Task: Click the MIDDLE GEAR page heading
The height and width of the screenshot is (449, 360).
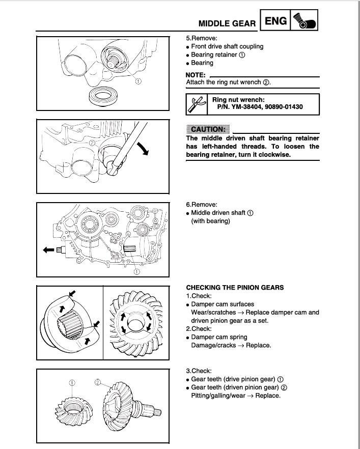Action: [x=227, y=23]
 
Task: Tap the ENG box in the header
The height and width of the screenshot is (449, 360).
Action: [x=275, y=21]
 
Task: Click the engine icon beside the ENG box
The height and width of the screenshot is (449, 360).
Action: [x=306, y=21]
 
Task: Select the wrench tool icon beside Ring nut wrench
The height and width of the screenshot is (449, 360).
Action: [x=196, y=104]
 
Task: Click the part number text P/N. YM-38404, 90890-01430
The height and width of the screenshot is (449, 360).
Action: [x=257, y=107]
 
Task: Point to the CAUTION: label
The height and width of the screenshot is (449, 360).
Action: [x=208, y=129]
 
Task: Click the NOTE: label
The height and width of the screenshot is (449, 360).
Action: [x=196, y=75]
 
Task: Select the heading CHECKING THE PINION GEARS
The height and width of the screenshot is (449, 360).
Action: [x=235, y=288]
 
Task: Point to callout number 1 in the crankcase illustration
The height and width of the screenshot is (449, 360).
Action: [x=136, y=272]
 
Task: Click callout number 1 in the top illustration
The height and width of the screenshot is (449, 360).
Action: [x=139, y=81]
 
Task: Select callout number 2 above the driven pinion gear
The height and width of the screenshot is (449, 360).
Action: [x=98, y=382]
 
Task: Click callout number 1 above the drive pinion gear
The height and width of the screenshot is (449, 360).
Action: [x=72, y=382]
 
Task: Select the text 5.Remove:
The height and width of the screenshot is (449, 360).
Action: [x=202, y=38]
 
